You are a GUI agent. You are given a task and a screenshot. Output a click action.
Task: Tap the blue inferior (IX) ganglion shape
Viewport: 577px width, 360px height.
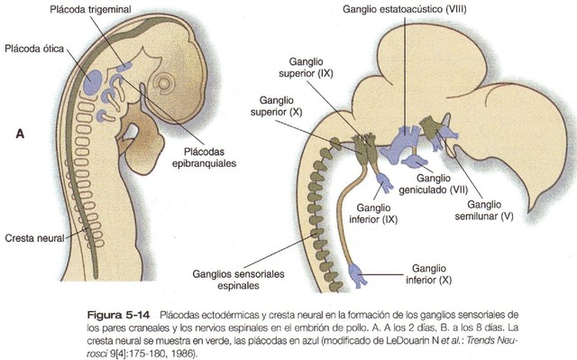(x=385, y=185)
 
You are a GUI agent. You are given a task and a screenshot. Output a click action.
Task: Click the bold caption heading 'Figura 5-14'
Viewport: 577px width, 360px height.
(x=109, y=312)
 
